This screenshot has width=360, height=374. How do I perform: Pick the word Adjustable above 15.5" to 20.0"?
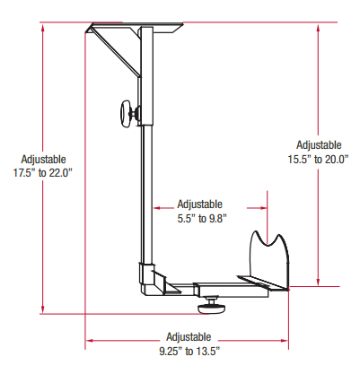[318, 144]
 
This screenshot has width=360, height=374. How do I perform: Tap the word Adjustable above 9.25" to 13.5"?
[189, 335]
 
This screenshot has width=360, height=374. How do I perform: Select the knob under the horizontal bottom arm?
[213, 305]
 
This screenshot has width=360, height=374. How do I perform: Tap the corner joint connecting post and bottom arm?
[151, 279]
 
